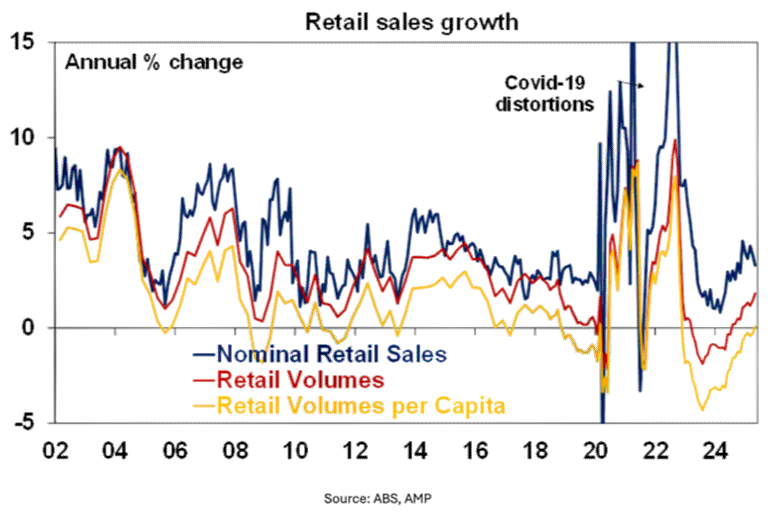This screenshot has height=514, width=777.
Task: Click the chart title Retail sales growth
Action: (411, 22)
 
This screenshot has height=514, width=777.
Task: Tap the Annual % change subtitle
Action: (154, 63)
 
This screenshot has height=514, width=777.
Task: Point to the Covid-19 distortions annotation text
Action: (545, 94)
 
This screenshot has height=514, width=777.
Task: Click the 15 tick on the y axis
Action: (23, 43)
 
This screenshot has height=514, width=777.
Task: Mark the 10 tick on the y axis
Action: (23, 138)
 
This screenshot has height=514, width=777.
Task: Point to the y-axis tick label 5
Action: (29, 233)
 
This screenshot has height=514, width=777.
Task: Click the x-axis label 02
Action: (55, 451)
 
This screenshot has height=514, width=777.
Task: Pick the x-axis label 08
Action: (236, 451)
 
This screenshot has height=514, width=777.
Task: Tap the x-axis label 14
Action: (416, 451)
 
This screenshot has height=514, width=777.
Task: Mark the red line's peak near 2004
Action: (119, 147)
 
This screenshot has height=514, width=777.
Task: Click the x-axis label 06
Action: (175, 451)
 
